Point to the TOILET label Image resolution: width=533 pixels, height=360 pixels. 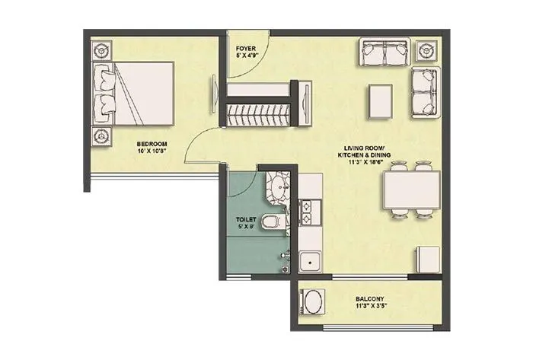[247, 218]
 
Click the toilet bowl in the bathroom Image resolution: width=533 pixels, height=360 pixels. [271, 222]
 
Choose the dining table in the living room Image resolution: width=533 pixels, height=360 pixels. [412, 190]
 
